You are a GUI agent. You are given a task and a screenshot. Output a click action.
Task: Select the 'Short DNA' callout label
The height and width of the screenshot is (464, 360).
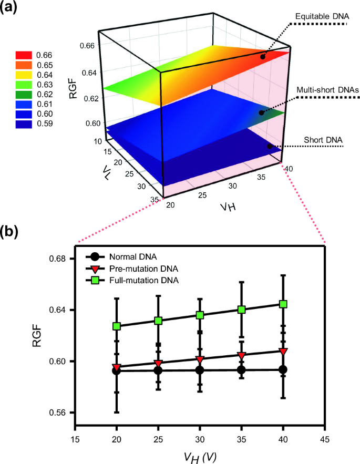tap(323, 139)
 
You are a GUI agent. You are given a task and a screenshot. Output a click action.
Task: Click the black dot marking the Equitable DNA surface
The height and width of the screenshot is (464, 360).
tap(263, 56)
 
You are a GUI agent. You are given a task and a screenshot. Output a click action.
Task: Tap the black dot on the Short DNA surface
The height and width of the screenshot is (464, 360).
tap(270, 146)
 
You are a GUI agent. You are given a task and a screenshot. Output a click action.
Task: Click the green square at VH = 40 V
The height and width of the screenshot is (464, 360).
tap(283, 304)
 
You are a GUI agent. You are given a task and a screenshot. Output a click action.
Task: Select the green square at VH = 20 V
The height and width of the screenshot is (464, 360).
tap(117, 326)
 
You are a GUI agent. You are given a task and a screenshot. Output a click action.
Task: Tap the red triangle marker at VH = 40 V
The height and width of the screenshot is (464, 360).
tap(283, 351)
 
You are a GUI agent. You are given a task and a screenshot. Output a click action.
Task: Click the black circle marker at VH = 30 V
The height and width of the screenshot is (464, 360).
tap(200, 370)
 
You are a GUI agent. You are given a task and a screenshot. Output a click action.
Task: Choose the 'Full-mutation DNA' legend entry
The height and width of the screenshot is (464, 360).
tap(144, 281)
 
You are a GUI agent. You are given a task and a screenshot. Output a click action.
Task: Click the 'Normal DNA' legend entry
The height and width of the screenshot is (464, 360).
tap(131, 257)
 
